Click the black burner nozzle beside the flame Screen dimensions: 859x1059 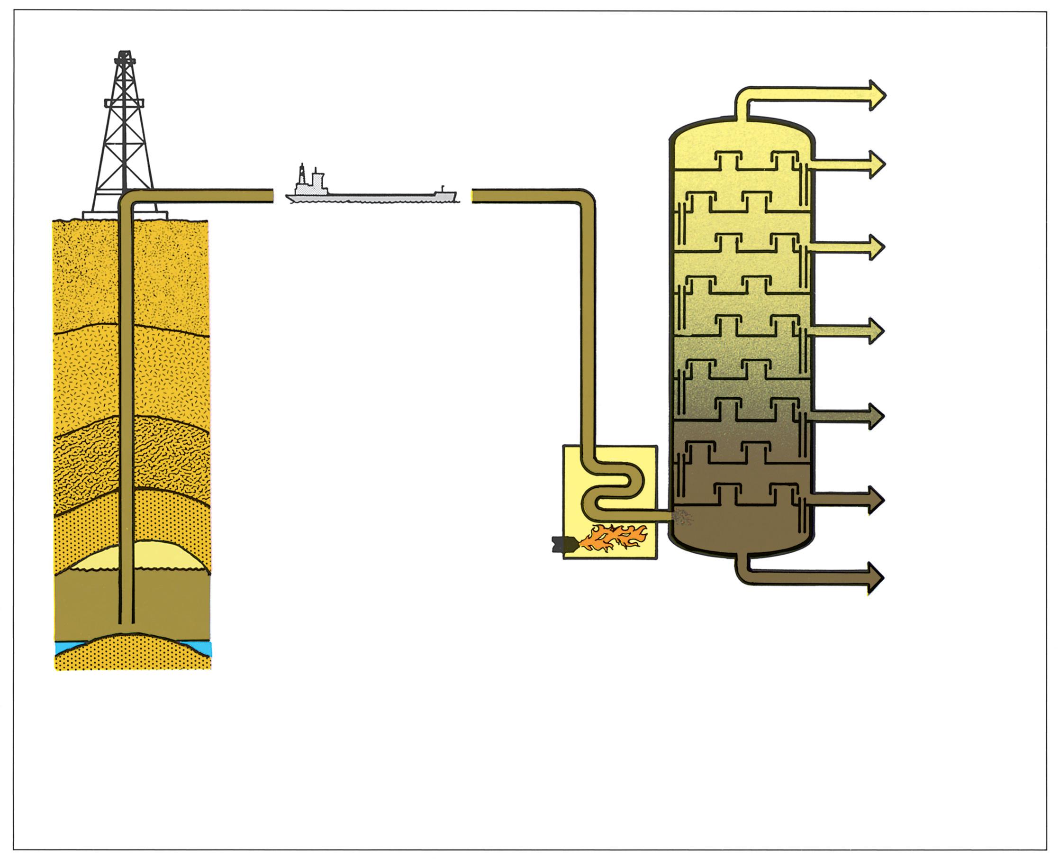(x=564, y=544)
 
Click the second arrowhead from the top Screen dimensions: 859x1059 (x=876, y=165)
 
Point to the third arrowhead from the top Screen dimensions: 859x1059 (x=876, y=247)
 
